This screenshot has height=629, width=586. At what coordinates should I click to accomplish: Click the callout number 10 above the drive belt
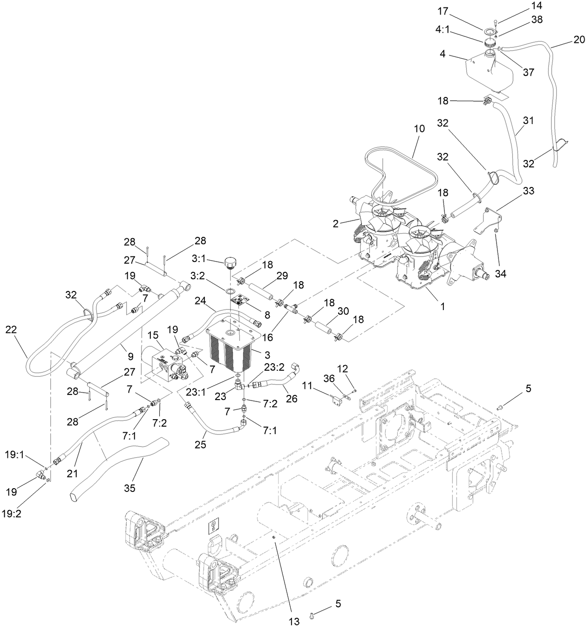pyautogui.click(x=419, y=129)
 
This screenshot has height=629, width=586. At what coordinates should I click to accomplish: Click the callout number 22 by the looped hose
pyautogui.click(x=11, y=330)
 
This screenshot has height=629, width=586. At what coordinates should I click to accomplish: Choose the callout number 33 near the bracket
pyautogui.click(x=515, y=191)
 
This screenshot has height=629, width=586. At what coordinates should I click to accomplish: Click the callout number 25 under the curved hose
pyautogui.click(x=200, y=445)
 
